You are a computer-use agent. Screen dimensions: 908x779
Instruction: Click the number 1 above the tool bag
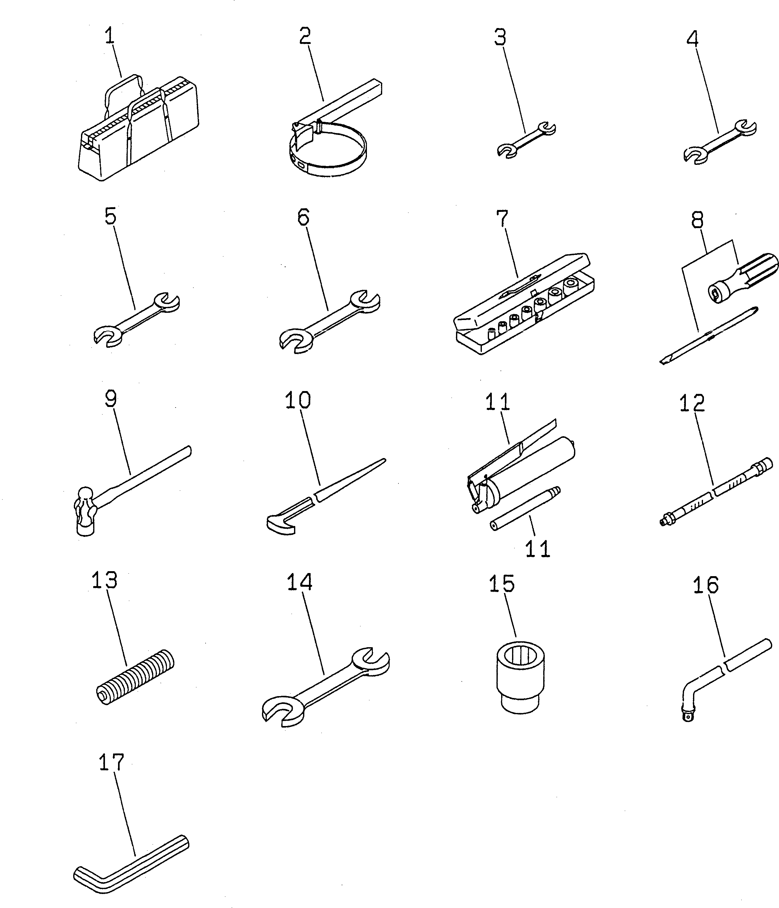[x=110, y=36]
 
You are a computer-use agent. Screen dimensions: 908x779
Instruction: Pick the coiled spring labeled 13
[x=135, y=677]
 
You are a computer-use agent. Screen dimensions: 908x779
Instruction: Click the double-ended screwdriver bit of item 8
[x=709, y=337]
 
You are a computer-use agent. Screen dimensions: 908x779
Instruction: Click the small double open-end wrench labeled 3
[x=526, y=140]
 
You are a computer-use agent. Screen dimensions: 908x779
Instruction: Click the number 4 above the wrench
[x=692, y=40]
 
